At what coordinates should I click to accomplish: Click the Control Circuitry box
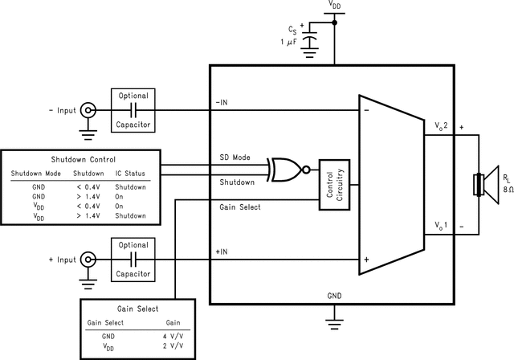click(335, 184)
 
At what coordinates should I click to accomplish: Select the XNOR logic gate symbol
click(287, 170)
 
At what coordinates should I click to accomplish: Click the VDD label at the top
click(335, 6)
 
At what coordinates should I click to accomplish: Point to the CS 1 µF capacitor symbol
click(312, 40)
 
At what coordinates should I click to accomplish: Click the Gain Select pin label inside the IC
click(239, 207)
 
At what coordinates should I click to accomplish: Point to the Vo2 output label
click(439, 126)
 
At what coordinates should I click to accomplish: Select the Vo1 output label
click(439, 225)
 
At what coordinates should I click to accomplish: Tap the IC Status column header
click(129, 172)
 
